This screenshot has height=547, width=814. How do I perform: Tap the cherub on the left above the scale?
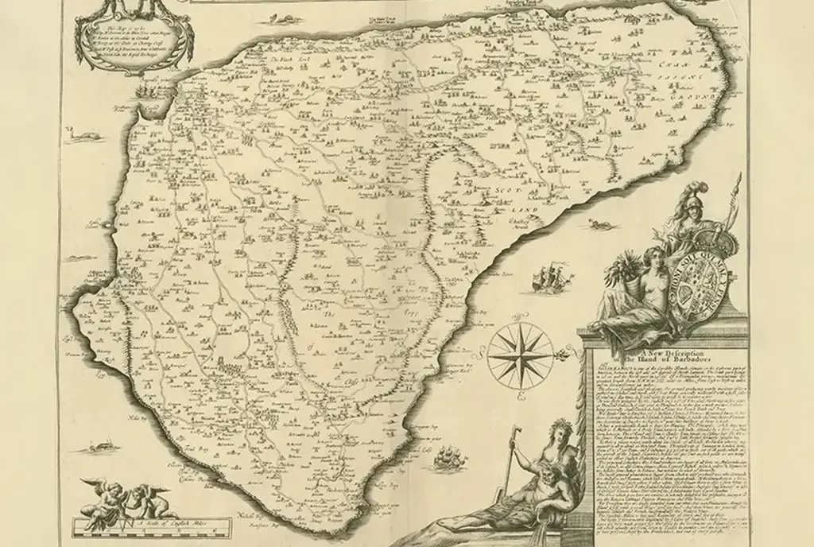point(99,492)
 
